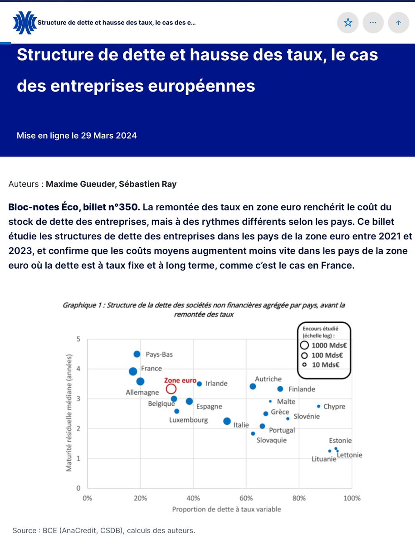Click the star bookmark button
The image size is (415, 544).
tap(348, 22)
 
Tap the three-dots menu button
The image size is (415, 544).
tap(373, 22)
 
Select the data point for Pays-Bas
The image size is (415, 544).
tap(137, 354)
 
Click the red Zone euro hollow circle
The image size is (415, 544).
tap(171, 389)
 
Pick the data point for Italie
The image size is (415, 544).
tap(227, 421)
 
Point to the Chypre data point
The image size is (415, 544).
tap(318, 406)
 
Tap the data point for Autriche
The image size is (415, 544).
tap(253, 386)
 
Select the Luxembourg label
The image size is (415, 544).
tap(188, 420)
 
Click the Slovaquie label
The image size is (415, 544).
tap(272, 440)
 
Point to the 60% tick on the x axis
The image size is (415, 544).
tap(246, 498)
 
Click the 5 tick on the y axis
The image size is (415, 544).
tap(78, 339)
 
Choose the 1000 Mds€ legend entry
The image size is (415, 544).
tap(323, 345)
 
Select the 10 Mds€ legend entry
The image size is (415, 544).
tap(323, 364)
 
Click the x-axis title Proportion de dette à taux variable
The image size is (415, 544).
tap(226, 509)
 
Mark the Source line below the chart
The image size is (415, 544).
tap(104, 530)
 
